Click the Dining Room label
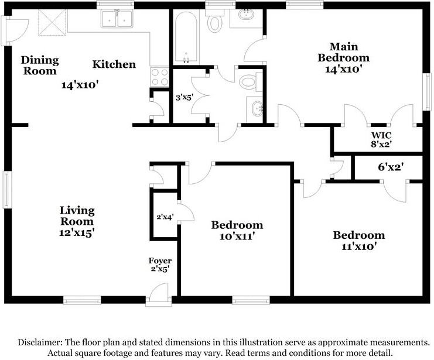(x=40, y=66)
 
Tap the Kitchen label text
(x=114, y=64)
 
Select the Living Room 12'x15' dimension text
(x=77, y=233)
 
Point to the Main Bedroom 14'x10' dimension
(x=343, y=69)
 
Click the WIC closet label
(x=381, y=135)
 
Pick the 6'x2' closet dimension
(x=391, y=167)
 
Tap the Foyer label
(x=160, y=260)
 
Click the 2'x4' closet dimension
(x=165, y=217)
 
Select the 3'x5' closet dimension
(x=184, y=97)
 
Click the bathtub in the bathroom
(x=186, y=36)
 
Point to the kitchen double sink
(x=117, y=19)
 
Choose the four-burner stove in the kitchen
(x=159, y=77)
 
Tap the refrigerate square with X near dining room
(x=52, y=22)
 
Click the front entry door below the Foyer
(x=159, y=294)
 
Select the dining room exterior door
(x=15, y=30)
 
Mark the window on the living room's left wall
(x=8, y=190)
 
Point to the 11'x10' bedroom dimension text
(x=359, y=246)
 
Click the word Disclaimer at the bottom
(x=40, y=342)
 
